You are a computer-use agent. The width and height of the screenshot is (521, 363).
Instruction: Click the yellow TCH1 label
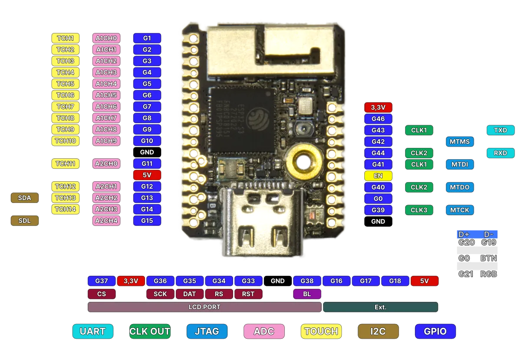click(x=65, y=38)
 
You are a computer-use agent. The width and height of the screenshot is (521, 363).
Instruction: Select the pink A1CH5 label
click(x=106, y=95)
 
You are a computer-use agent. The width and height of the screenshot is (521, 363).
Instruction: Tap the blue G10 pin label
click(x=147, y=141)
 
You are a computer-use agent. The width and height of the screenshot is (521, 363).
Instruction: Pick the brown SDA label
click(x=25, y=198)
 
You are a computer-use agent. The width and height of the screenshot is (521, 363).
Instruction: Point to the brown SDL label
click(x=25, y=221)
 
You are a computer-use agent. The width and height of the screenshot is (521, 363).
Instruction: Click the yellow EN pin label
click(x=378, y=176)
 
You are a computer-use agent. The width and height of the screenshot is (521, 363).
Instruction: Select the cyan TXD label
click(x=501, y=130)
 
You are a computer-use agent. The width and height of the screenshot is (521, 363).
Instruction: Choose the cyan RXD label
click(x=501, y=153)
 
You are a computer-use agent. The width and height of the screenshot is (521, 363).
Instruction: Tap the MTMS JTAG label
click(x=459, y=141)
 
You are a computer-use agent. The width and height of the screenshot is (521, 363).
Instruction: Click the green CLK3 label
click(x=419, y=210)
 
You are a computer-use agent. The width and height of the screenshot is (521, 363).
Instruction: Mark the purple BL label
click(x=307, y=294)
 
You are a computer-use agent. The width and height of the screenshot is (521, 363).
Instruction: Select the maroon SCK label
click(x=160, y=294)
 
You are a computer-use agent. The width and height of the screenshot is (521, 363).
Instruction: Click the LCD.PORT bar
click(x=204, y=307)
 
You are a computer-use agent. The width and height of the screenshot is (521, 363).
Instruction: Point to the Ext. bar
click(x=380, y=307)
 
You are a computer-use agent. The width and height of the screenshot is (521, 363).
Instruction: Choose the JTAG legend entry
click(x=207, y=331)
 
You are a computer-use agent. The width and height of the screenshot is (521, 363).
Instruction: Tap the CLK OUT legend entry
click(x=150, y=331)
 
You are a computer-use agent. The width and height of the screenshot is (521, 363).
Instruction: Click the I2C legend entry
click(x=378, y=331)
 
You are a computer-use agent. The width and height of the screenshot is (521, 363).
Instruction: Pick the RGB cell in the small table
click(x=488, y=274)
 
